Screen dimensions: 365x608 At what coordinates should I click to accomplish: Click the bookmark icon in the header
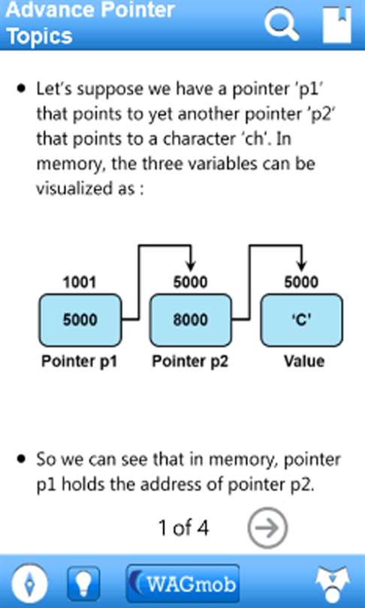click(337, 25)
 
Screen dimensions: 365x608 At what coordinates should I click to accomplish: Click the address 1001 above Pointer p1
click(80, 282)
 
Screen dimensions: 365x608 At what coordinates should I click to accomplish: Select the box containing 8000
click(191, 320)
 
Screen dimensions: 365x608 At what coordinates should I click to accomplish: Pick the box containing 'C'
click(301, 320)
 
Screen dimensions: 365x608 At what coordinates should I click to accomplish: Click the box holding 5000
click(80, 320)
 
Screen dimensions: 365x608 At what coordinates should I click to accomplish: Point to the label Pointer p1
click(80, 361)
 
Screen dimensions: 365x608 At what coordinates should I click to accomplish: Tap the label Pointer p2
click(190, 361)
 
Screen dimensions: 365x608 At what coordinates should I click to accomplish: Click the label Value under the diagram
click(304, 361)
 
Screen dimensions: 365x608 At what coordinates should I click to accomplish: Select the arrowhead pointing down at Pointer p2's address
click(191, 266)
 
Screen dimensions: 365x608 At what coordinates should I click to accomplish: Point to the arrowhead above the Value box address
click(301, 266)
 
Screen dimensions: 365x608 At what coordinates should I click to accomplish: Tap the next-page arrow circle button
click(267, 528)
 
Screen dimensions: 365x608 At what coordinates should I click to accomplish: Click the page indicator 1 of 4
click(183, 528)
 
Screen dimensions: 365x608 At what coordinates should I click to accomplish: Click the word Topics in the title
click(40, 36)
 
